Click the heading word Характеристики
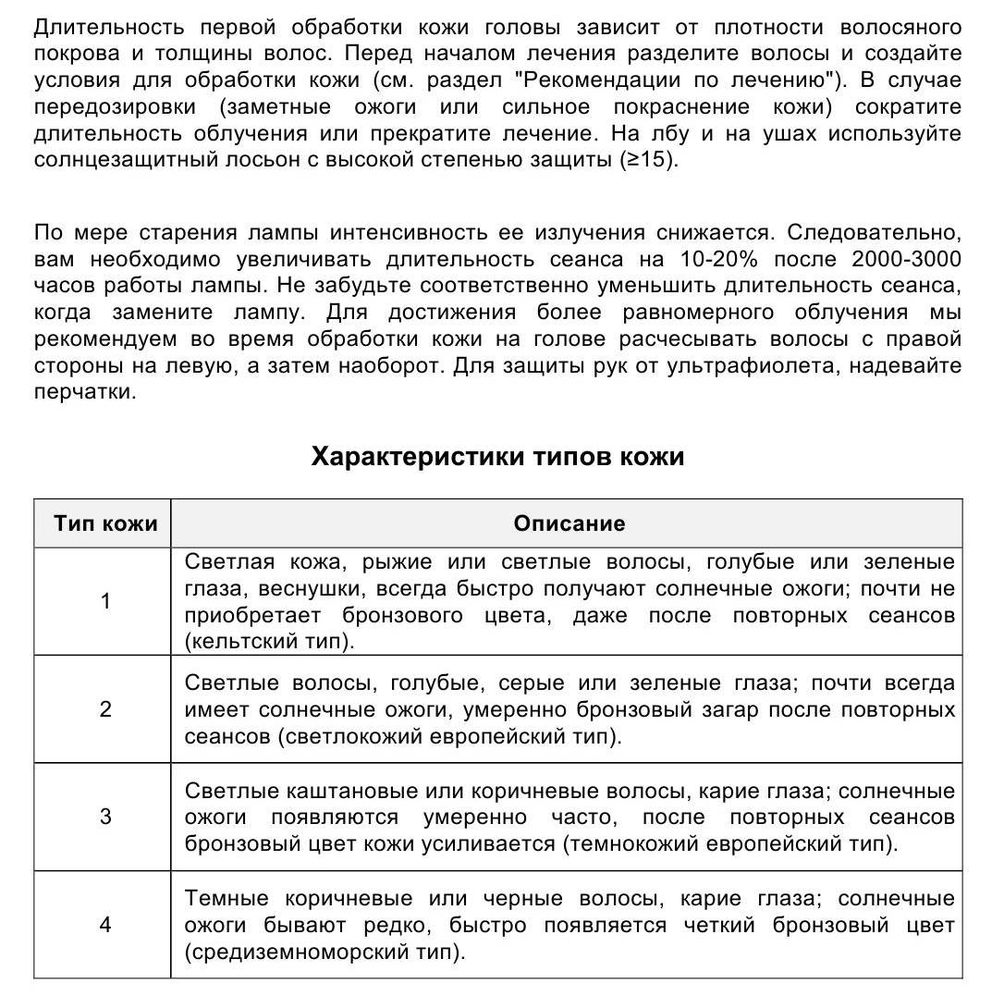click(x=418, y=457)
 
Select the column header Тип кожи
click(x=105, y=523)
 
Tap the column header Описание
click(x=569, y=523)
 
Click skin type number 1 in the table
click(x=105, y=602)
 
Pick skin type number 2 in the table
click(x=105, y=709)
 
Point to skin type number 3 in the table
click(x=105, y=817)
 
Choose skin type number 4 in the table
click(x=105, y=924)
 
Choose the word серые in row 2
click(x=531, y=684)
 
